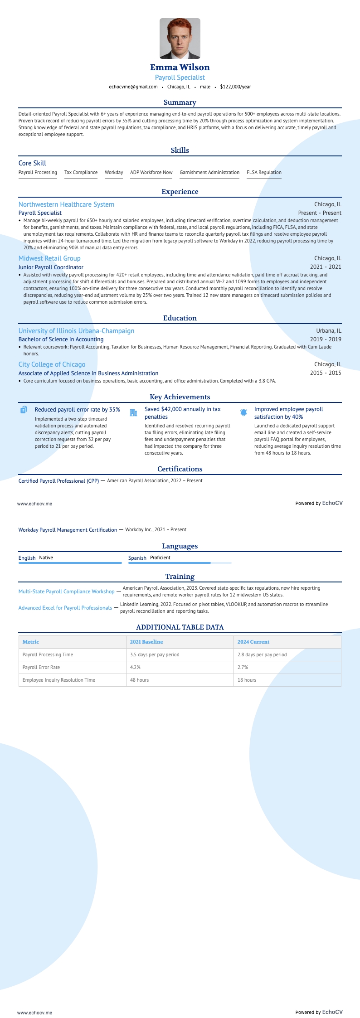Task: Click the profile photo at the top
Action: (180, 39)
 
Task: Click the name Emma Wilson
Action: (180, 68)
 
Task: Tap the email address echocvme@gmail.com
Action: (133, 87)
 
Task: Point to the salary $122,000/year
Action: (235, 87)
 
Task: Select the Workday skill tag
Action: (114, 173)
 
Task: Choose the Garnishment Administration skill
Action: (209, 173)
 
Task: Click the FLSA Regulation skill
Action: (264, 173)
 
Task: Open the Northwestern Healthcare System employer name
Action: (66, 204)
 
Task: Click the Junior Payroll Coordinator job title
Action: (51, 267)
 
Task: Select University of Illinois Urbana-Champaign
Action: (76, 331)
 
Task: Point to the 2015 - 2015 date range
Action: (326, 373)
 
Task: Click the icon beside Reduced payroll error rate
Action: (24, 410)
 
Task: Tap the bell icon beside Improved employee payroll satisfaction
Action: (243, 412)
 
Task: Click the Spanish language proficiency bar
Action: (180, 563)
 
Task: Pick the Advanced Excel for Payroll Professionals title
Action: (65, 608)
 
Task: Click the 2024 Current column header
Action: (253, 642)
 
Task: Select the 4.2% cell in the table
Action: (135, 667)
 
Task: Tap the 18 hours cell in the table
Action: (247, 680)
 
